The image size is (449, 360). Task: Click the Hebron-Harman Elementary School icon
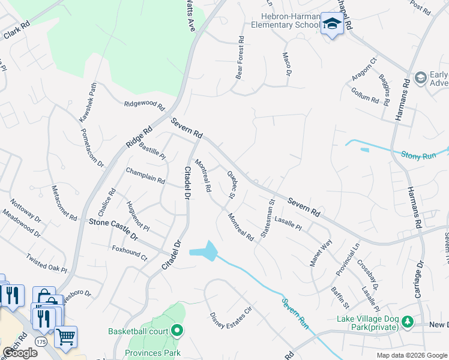click(x=331, y=24)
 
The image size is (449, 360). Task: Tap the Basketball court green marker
click(x=177, y=331)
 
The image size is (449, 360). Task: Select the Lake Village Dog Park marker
click(x=408, y=322)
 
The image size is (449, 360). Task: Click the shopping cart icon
click(x=65, y=336)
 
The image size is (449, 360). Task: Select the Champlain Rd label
click(x=145, y=176)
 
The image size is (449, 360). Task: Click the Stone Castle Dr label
click(x=113, y=230)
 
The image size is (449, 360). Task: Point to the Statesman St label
click(x=267, y=220)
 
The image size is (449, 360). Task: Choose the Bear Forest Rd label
click(x=240, y=58)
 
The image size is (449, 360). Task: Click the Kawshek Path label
click(x=87, y=103)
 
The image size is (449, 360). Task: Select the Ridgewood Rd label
click(x=144, y=106)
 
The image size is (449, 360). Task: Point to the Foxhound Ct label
click(x=130, y=252)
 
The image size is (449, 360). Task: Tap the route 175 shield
click(x=40, y=341)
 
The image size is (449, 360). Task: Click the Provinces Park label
click(x=153, y=353)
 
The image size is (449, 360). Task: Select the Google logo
click(x=19, y=353)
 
